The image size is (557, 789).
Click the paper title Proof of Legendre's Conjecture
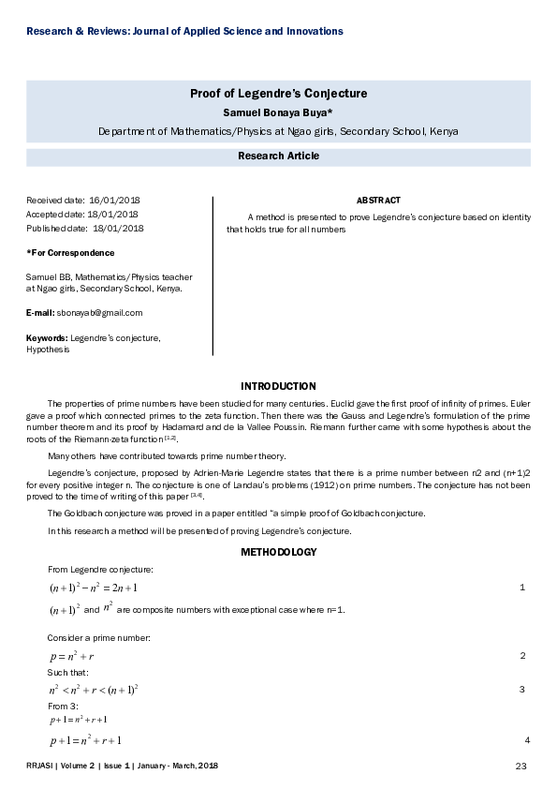click(x=278, y=94)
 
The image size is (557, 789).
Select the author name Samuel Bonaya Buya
click(x=278, y=112)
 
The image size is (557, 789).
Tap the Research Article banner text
click(x=278, y=156)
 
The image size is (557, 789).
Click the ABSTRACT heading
click(x=378, y=201)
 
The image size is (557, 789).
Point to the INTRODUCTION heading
click(x=278, y=386)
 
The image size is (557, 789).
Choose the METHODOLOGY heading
click(x=278, y=552)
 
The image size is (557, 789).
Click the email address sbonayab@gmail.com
click(x=99, y=313)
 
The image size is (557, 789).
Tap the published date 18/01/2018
click(x=118, y=228)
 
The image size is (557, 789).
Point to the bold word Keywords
click(x=47, y=337)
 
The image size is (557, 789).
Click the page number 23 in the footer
click(x=522, y=767)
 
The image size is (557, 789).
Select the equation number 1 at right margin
click(x=522, y=587)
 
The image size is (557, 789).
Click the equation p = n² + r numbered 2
click(x=72, y=656)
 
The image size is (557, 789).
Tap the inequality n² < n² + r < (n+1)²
click(x=94, y=690)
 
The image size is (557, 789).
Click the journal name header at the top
click(x=184, y=32)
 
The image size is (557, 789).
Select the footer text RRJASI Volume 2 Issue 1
click(x=122, y=767)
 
